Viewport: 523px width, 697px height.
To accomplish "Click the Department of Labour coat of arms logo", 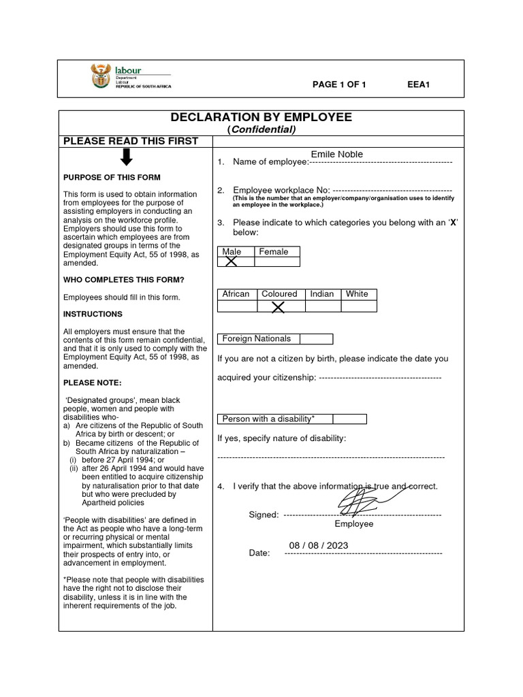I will (99, 76).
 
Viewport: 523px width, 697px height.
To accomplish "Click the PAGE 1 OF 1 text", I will (339, 84).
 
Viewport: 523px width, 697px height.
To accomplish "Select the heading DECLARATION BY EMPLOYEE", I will (261, 117).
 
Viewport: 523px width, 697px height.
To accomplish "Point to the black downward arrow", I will (127, 157).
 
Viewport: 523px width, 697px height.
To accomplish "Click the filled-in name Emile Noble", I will (337, 154).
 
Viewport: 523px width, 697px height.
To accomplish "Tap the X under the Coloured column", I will (278, 306).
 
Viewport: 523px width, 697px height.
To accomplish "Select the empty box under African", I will (237, 306).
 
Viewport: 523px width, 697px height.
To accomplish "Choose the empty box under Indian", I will (323, 306).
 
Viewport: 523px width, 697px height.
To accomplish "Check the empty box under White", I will (358, 306).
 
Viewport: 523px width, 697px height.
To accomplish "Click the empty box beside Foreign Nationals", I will (316, 339).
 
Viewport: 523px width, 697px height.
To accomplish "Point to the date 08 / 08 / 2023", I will (318, 545).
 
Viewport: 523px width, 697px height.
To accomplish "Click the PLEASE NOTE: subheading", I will (92, 383).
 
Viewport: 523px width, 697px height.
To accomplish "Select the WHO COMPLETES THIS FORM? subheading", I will (124, 280).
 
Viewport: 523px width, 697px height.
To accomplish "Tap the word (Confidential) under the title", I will (261, 129).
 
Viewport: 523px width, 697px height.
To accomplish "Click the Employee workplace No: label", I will (281, 190).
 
